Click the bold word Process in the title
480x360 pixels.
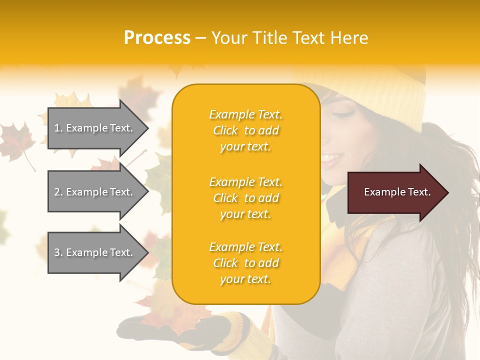(x=157, y=38)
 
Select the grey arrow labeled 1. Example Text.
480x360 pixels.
(x=95, y=128)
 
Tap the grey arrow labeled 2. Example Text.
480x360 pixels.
(x=95, y=192)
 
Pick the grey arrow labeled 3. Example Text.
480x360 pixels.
(x=95, y=252)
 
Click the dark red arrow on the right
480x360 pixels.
(x=395, y=192)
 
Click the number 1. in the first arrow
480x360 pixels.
(x=58, y=128)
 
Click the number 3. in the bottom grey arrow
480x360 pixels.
(x=58, y=252)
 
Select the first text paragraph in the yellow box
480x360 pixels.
(x=245, y=130)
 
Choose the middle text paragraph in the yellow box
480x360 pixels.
(x=245, y=198)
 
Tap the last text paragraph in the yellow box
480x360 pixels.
(x=245, y=263)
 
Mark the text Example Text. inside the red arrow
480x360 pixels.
(x=397, y=192)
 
